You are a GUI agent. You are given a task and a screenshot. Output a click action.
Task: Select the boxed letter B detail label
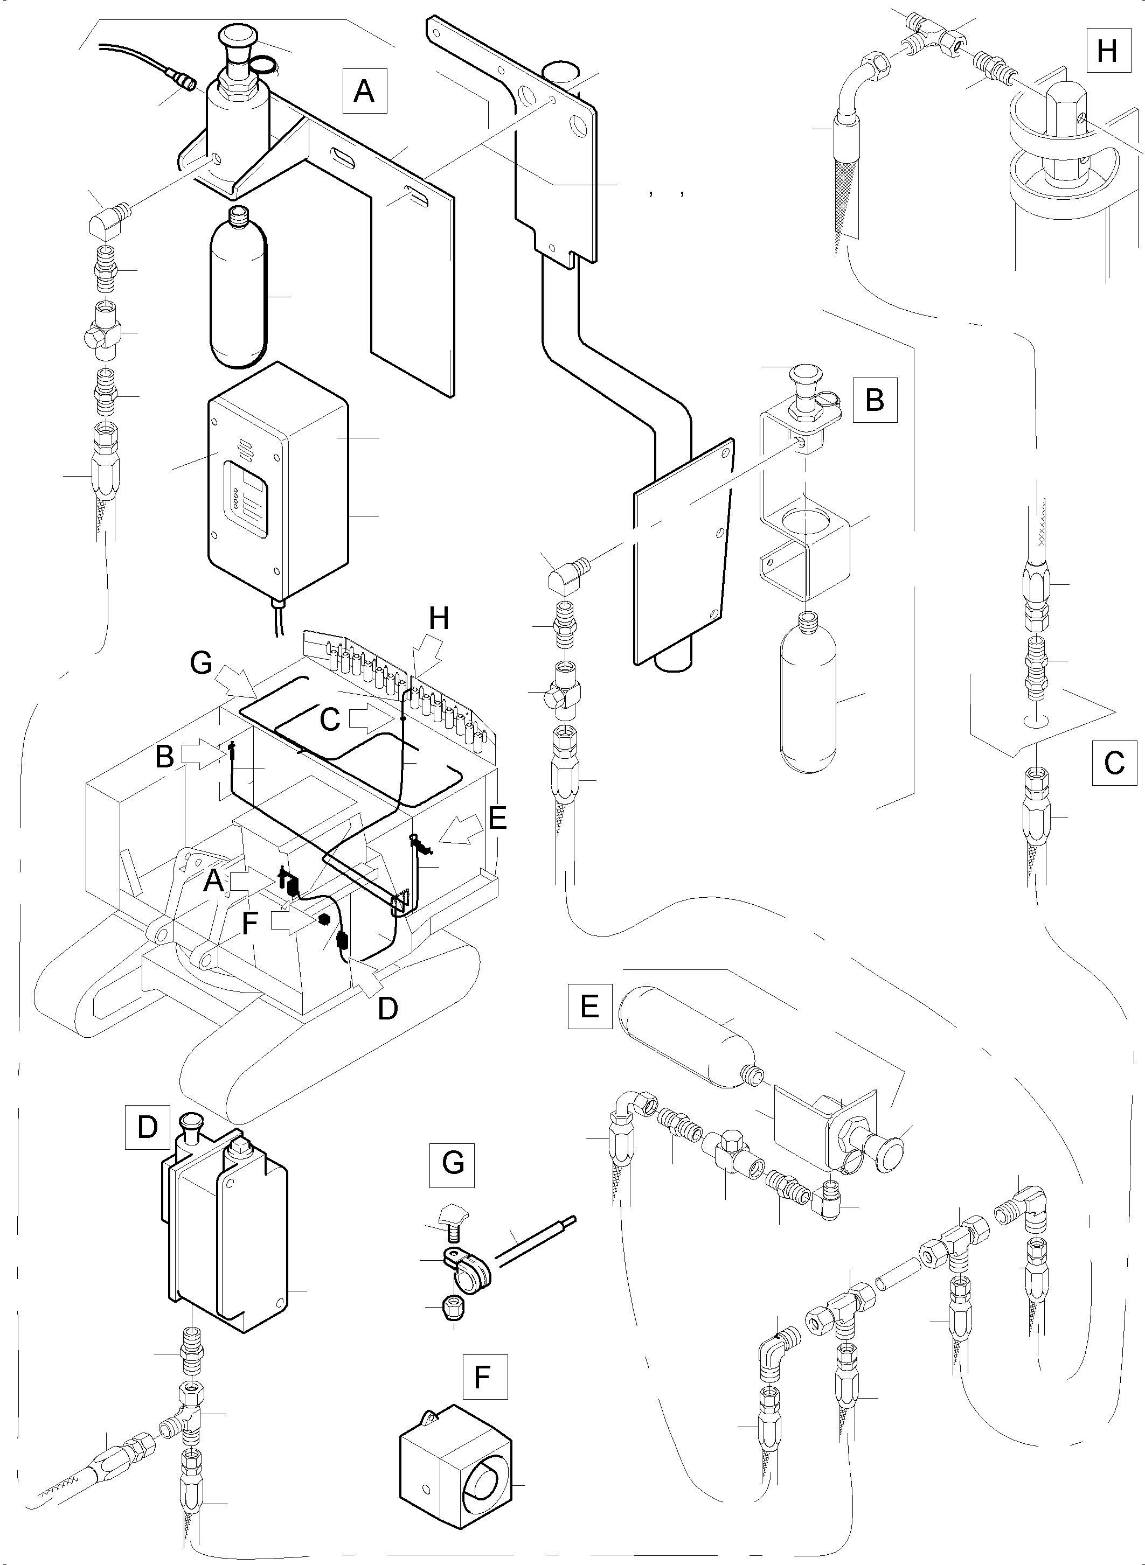pos(875,400)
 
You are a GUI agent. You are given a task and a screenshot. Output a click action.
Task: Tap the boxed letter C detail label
pos(1114,763)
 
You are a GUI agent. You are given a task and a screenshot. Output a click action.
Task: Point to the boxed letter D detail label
pos(147,1127)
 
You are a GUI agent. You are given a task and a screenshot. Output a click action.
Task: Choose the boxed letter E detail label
pos(589,1005)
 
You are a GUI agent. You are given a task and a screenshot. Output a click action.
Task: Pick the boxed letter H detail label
pos(1107,50)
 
